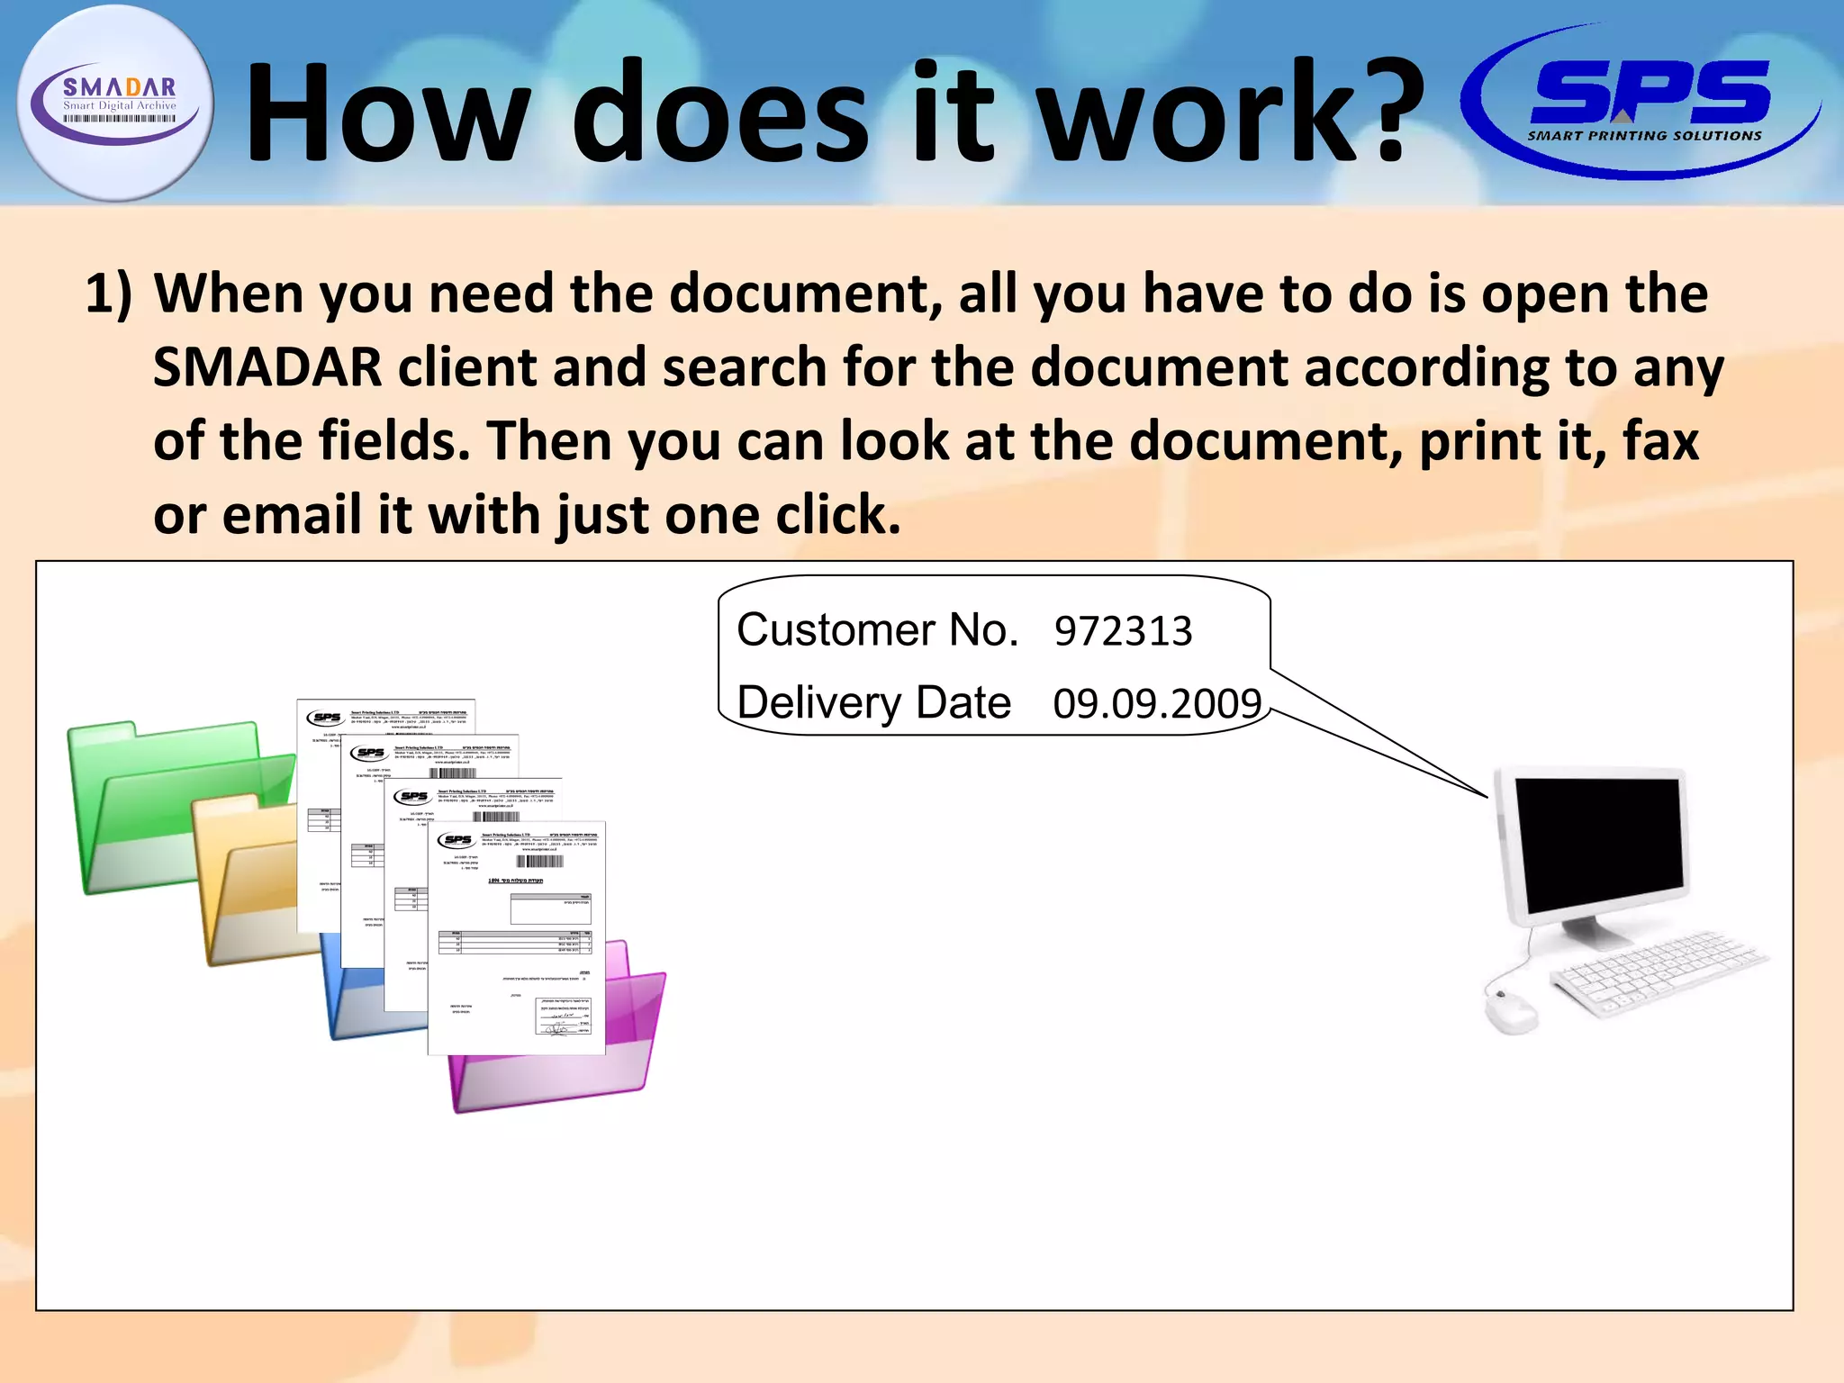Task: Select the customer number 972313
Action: [1123, 631]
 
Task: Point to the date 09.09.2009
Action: [1157, 704]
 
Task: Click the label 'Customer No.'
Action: [877, 630]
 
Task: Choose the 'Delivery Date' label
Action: [873, 703]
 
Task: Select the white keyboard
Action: [1657, 975]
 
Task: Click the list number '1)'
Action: [108, 294]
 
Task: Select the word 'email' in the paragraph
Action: [292, 515]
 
